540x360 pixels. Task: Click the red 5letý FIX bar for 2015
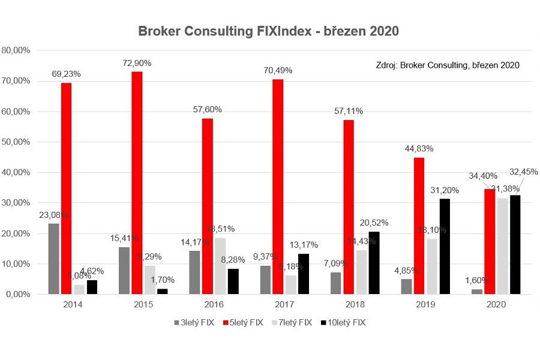coord(137,183)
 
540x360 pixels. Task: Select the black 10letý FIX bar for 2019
coord(445,246)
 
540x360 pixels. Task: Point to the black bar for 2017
coord(304,274)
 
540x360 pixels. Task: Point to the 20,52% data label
coord(373,223)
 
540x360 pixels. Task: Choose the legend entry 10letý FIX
coord(344,322)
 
